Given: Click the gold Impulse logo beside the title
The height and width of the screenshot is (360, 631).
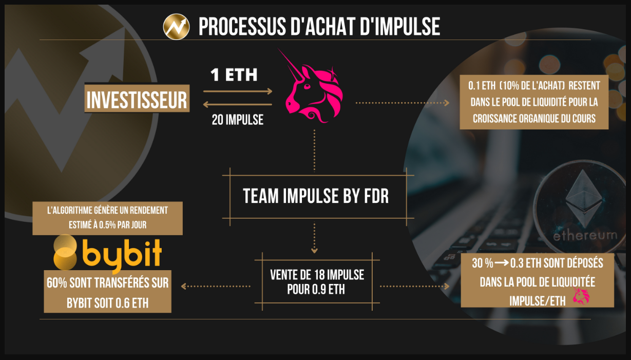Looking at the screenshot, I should pyautogui.click(x=176, y=26).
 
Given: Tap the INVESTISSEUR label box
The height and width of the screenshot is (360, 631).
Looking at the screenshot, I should pyautogui.click(x=137, y=100).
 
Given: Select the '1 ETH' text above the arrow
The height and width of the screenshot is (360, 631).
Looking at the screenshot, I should pyautogui.click(x=234, y=75).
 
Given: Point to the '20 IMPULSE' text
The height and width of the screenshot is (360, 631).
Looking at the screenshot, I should pyautogui.click(x=237, y=120).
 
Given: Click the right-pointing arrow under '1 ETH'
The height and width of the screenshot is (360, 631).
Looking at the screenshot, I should pyautogui.click(x=238, y=91).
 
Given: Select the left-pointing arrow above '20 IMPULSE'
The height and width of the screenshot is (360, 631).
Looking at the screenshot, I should pyautogui.click(x=238, y=104).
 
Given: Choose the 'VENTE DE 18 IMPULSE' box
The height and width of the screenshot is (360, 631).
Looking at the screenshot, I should pyautogui.click(x=317, y=281).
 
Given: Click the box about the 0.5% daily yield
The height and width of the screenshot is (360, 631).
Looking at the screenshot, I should pyautogui.click(x=107, y=218).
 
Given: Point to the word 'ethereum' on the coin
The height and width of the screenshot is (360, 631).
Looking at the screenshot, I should pyautogui.click(x=585, y=235).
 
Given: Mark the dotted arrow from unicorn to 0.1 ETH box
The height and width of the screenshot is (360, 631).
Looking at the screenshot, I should pyautogui.click(x=402, y=103).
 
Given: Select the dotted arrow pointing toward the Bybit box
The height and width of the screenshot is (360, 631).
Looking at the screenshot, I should pyautogui.click(x=216, y=286).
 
